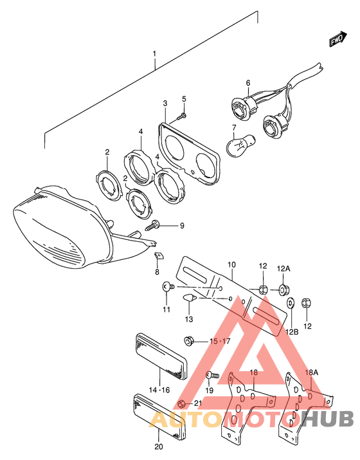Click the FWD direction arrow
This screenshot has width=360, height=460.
tap(338, 39)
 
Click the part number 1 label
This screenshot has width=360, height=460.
tap(154, 54)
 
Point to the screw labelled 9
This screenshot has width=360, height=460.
tap(153, 225)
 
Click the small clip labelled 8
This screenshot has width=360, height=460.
tap(159, 255)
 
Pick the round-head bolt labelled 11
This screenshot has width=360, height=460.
tap(168, 286)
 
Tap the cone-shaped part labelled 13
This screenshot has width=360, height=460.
tap(189, 299)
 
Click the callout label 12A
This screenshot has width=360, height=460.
tap(283, 268)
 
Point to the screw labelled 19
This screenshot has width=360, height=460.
tap(212, 375)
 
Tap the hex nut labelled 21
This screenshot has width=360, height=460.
tap(181, 404)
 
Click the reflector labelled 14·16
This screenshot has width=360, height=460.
tap(161, 356)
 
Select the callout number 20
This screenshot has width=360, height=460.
tap(159, 447)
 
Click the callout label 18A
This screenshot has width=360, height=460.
tap(312, 373)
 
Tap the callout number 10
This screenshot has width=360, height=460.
tap(231, 264)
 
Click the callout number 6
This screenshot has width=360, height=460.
tap(248, 83)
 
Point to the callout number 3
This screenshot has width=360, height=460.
tap(165, 104)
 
